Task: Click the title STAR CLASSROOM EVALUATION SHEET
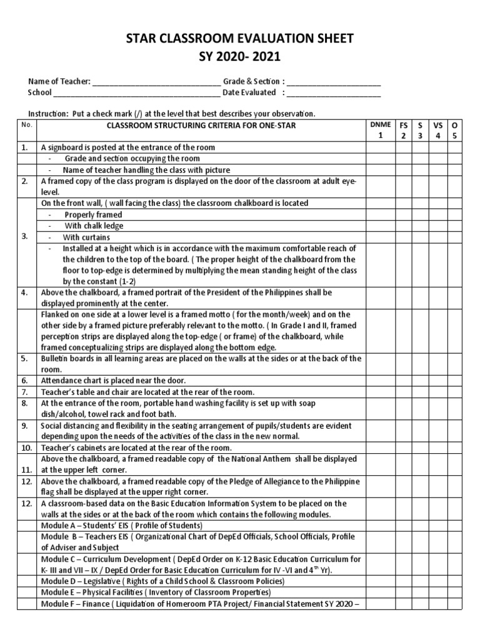241,39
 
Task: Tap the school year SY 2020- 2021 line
241,58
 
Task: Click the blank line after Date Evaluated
334,93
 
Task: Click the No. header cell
26,125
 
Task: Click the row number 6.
24,380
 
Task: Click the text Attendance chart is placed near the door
113,380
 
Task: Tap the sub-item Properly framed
93,214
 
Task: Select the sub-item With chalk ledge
94,225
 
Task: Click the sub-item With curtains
86,237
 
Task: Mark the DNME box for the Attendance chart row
379,380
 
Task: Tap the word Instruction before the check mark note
48,113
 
